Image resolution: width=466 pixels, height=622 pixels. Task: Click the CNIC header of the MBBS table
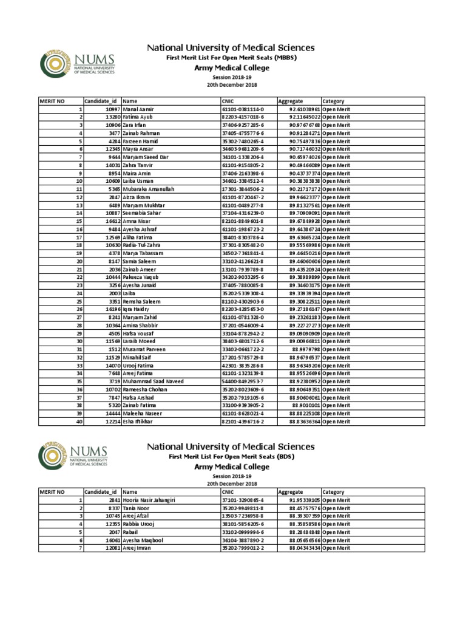coord(228,101)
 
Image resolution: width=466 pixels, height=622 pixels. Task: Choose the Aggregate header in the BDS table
coord(290,492)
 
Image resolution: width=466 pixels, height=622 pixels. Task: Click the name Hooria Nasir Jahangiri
coord(149,500)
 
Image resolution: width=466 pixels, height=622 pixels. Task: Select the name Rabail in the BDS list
coord(130,531)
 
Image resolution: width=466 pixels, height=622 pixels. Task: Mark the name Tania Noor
coord(136,508)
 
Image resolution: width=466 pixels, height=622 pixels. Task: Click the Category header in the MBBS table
coord(334,101)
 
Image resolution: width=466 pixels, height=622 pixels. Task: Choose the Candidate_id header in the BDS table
coord(101,492)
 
